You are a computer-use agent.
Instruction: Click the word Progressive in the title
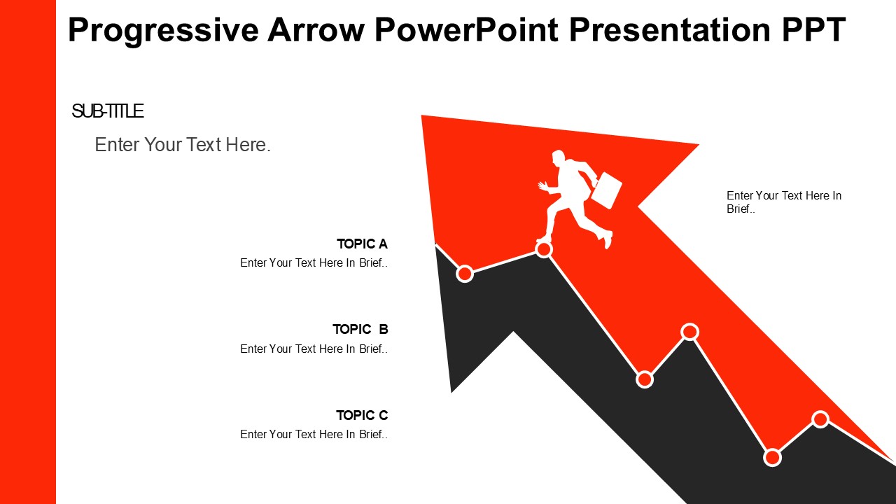pos(163,30)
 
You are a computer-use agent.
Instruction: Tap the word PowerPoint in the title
pos(466,29)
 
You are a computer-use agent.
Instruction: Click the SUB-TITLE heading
pos(107,111)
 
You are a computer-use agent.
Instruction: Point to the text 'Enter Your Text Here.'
pos(183,145)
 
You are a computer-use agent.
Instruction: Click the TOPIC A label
pos(362,244)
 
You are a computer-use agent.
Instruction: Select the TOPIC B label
pos(360,329)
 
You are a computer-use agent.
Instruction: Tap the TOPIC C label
pos(362,415)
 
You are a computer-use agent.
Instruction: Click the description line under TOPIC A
pos(314,262)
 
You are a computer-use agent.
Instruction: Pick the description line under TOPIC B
pos(314,349)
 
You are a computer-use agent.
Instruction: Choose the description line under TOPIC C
pos(314,435)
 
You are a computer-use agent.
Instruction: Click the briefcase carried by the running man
pos(606,190)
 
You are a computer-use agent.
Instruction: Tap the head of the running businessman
pos(559,157)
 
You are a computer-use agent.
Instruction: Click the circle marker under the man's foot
pos(544,250)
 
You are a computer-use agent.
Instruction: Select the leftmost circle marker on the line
pos(465,274)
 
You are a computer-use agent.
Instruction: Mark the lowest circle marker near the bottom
pos(772,458)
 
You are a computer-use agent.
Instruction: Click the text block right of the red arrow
pos(784,202)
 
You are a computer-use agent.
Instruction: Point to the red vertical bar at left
pos(28,252)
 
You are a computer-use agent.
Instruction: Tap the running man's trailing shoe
pos(608,239)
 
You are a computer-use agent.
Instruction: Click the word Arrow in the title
pos(316,29)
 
